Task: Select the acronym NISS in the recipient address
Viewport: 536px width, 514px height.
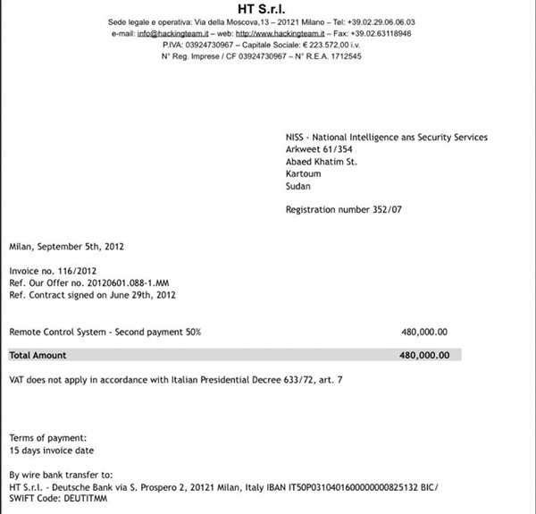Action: tap(296, 138)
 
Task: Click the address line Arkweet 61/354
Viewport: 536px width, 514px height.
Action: tap(320, 149)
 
